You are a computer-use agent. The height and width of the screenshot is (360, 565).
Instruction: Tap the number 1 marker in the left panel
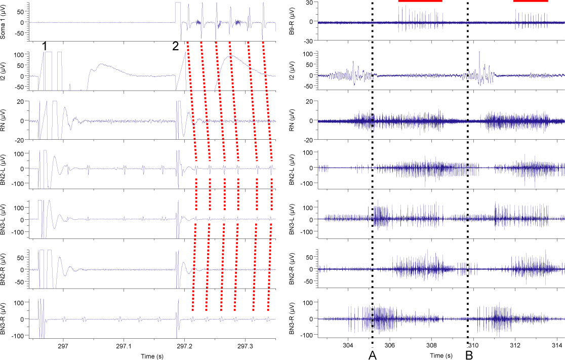45,46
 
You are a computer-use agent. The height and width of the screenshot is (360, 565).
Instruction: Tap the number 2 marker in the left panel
175,46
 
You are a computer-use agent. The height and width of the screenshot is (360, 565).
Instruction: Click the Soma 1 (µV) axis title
5,22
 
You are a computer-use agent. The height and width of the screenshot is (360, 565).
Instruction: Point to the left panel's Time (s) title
154,356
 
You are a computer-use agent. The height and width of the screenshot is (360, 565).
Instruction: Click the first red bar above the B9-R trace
420,1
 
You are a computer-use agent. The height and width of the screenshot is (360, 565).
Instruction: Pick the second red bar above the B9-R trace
531,1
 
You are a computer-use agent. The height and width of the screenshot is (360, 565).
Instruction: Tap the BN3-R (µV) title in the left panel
5,318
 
